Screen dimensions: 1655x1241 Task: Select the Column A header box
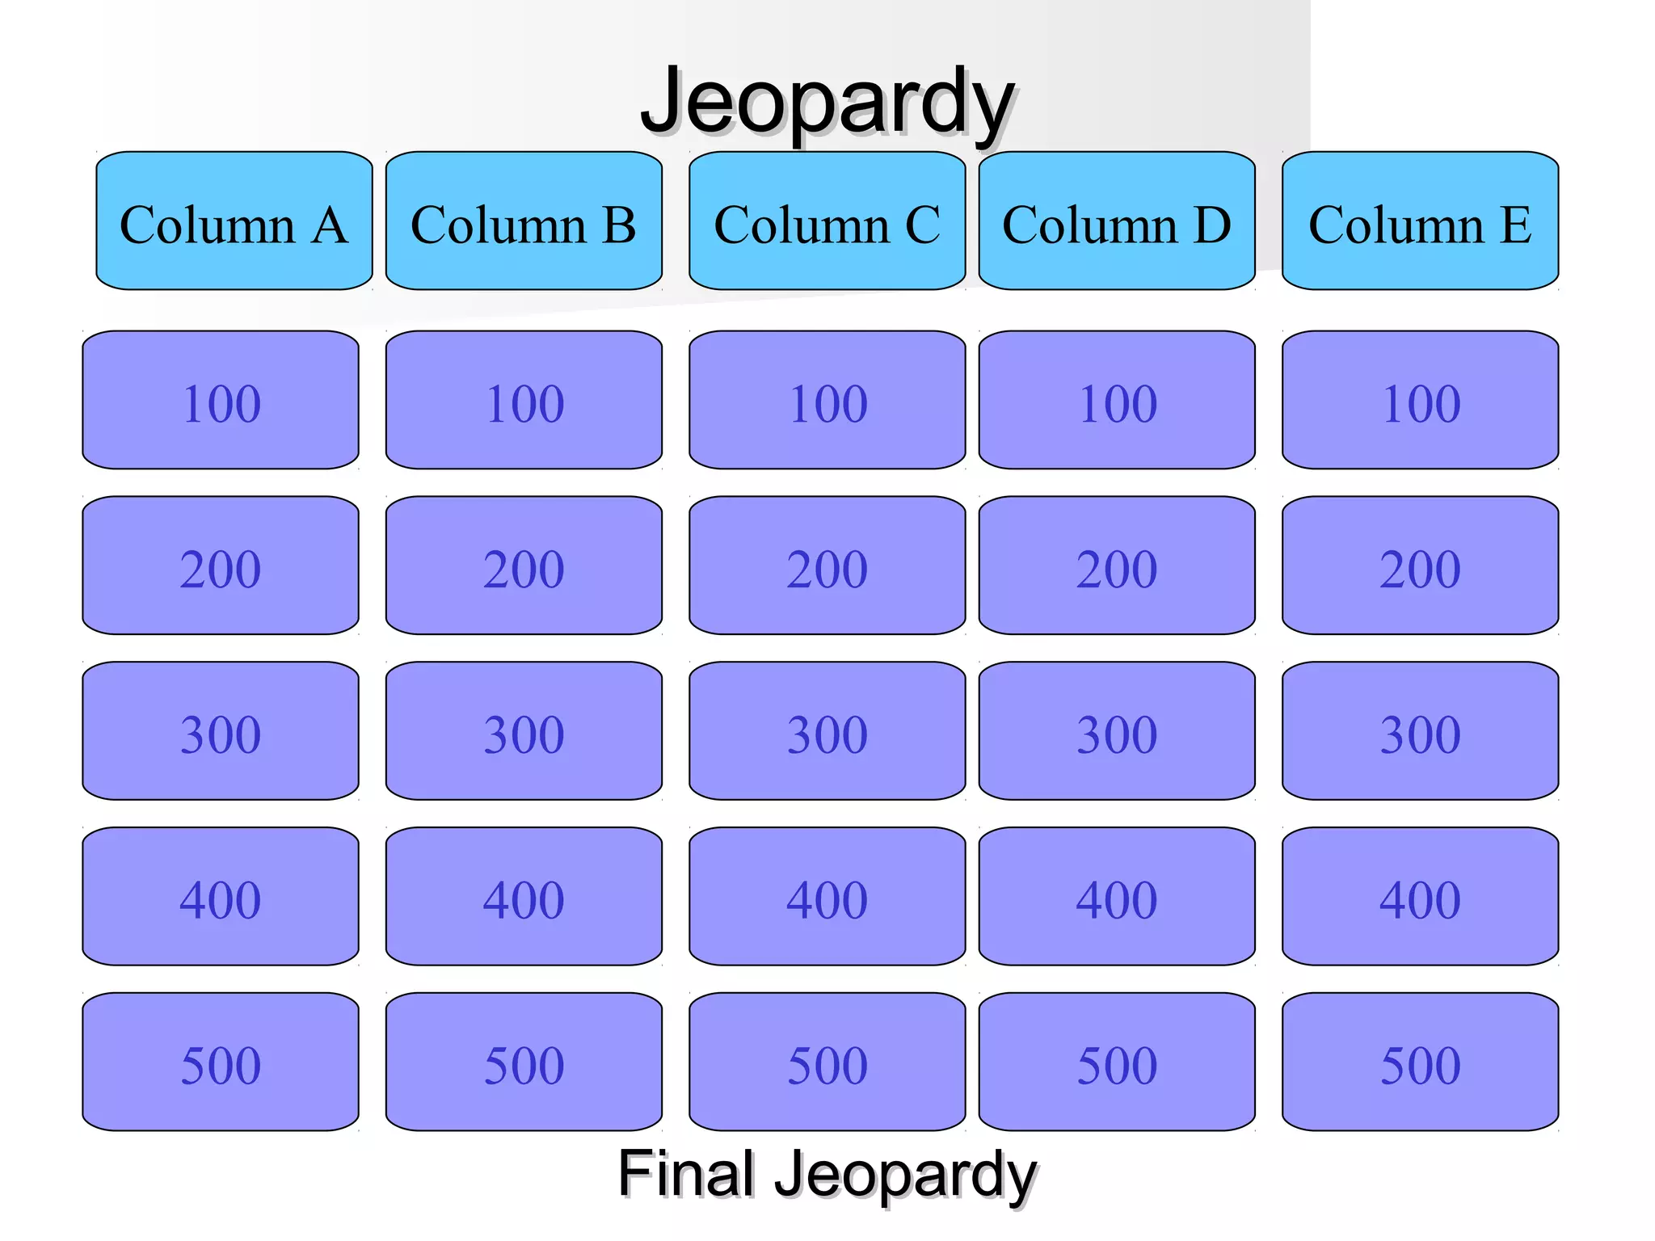click(234, 221)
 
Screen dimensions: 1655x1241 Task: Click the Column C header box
click(827, 221)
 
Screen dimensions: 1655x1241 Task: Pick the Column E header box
click(1420, 221)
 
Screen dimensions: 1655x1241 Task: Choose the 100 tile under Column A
click(221, 400)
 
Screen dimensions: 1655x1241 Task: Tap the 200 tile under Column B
click(524, 566)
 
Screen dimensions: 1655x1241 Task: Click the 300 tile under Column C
click(827, 731)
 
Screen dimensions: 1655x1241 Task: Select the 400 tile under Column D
click(1117, 896)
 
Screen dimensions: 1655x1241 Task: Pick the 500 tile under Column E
click(1420, 1062)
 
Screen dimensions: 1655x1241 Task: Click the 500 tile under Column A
click(221, 1062)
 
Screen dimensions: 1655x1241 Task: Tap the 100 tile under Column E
click(1420, 400)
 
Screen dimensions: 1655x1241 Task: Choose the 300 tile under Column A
click(221, 731)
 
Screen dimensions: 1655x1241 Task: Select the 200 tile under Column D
click(1117, 566)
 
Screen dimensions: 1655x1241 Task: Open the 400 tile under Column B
click(524, 896)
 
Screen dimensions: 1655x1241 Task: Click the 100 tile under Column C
click(827, 400)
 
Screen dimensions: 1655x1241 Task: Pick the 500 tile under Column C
click(827, 1062)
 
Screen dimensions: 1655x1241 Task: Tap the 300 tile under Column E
click(1420, 731)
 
